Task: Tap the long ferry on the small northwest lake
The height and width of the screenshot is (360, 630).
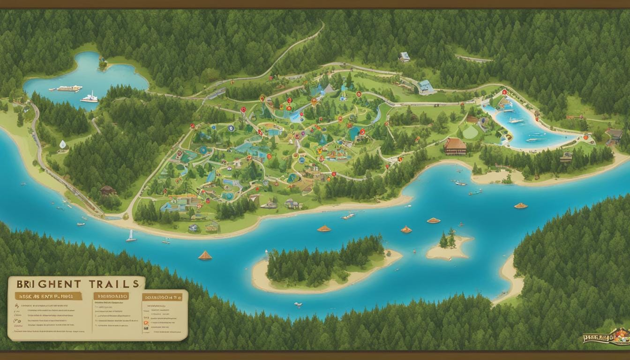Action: coord(69,88)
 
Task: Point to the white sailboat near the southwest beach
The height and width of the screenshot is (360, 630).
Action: coord(131,237)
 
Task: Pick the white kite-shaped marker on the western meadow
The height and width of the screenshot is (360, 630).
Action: coord(63,144)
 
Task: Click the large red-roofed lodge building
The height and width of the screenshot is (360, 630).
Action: coord(455,146)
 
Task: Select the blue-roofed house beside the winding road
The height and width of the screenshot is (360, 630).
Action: coord(426,87)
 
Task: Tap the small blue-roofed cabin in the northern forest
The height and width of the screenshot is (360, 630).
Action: coord(405,57)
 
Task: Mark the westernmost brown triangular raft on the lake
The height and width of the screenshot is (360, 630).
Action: coord(205,255)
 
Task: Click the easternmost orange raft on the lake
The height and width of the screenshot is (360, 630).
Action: coord(520,205)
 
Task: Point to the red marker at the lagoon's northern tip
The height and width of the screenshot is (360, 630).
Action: coord(504,92)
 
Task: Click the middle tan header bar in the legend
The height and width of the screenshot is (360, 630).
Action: coord(111,296)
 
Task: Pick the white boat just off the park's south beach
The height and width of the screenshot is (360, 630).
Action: coord(348,216)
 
